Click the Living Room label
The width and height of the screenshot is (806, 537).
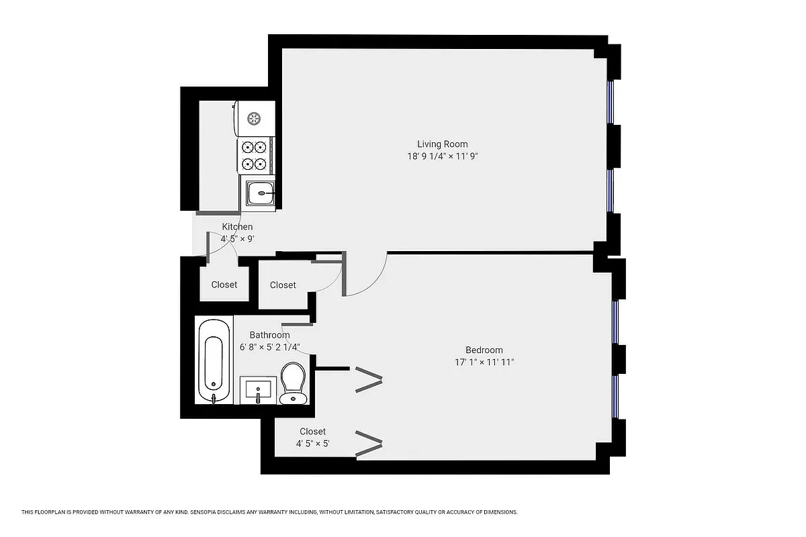pos(442,144)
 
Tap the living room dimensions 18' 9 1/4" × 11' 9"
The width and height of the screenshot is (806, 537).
pos(442,156)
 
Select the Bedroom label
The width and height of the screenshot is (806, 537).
pos(484,350)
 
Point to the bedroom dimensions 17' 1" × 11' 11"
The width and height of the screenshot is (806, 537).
pos(484,362)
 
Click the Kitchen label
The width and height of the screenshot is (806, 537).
pos(237,227)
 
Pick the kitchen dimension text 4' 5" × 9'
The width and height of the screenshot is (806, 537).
pos(237,238)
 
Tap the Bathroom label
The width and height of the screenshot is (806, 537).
pos(269,335)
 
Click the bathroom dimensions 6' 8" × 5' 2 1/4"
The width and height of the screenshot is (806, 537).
pos(269,347)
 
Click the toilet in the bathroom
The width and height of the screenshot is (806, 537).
pos(293,383)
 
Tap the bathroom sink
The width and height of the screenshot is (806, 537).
pos(258,390)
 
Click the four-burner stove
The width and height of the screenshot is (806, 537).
pos(255,155)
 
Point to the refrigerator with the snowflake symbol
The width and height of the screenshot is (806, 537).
pos(255,118)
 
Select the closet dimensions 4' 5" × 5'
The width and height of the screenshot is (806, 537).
pos(312,444)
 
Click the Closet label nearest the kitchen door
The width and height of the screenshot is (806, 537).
pos(224,285)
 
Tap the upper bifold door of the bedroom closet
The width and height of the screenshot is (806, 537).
pos(369,380)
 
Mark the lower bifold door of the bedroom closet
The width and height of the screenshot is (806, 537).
pos(369,443)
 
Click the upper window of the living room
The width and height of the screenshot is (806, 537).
pos(611,103)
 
